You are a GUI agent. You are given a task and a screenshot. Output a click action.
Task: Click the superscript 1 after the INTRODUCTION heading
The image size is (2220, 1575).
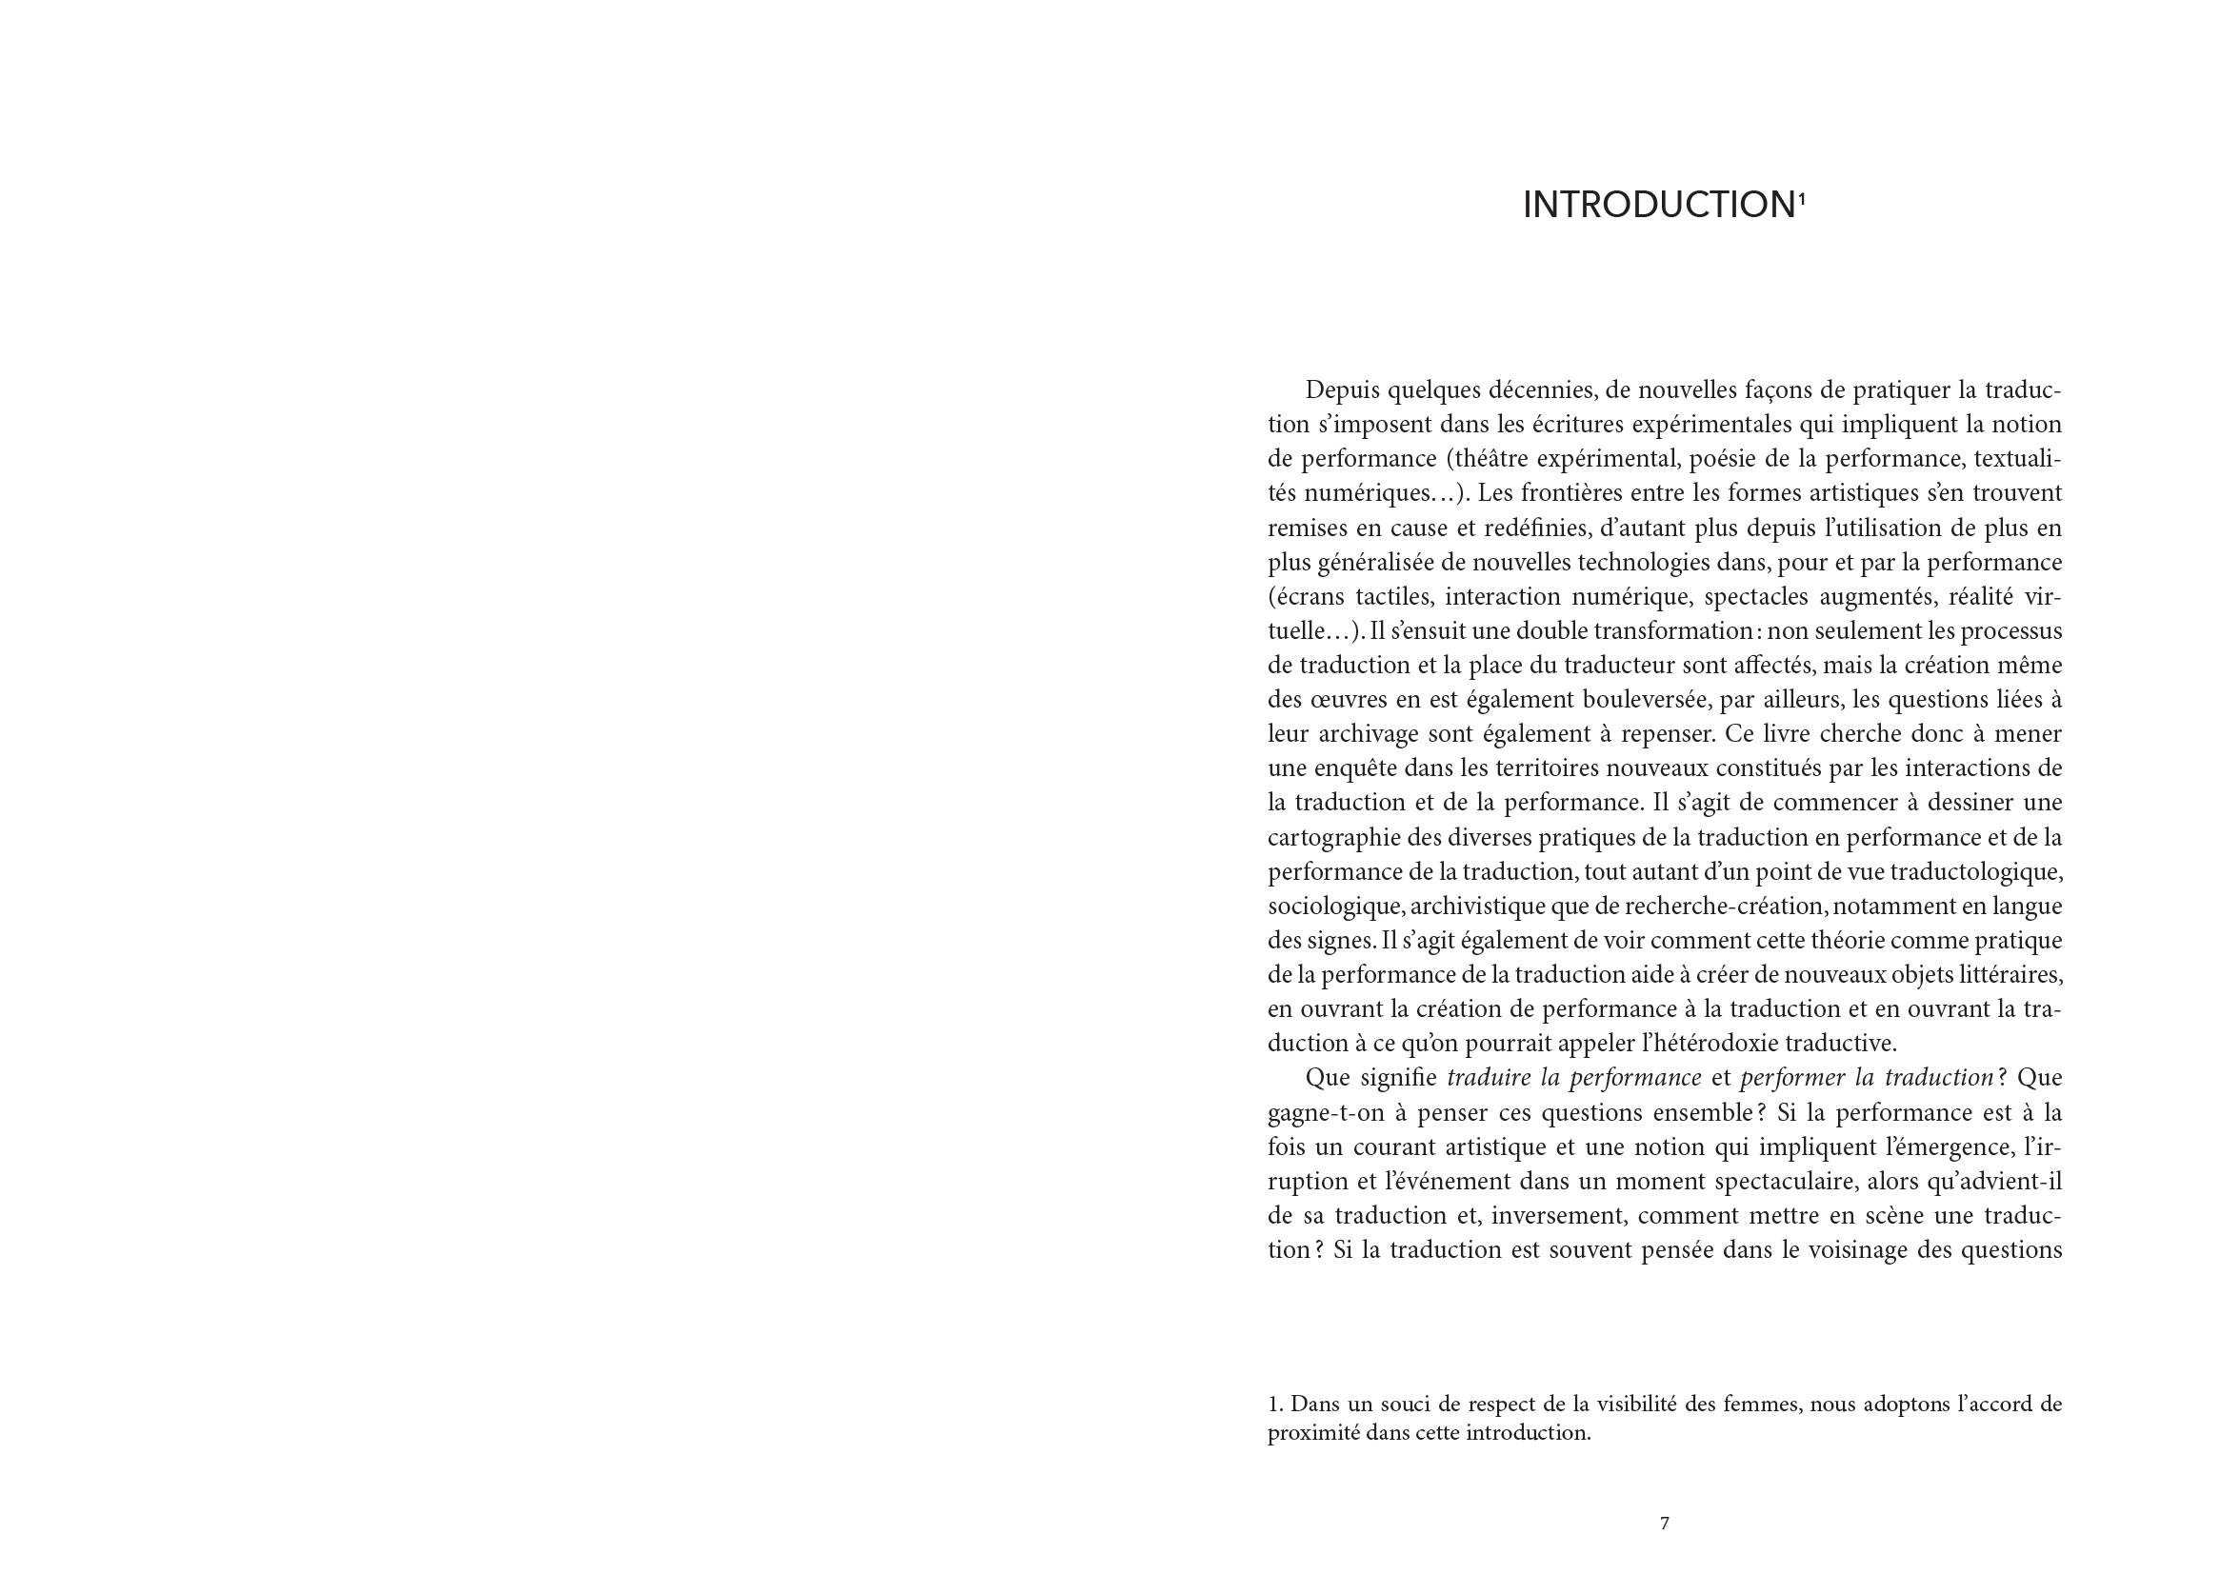coord(1802,197)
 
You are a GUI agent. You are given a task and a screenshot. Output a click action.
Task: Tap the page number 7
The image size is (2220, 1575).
coord(1664,1524)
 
